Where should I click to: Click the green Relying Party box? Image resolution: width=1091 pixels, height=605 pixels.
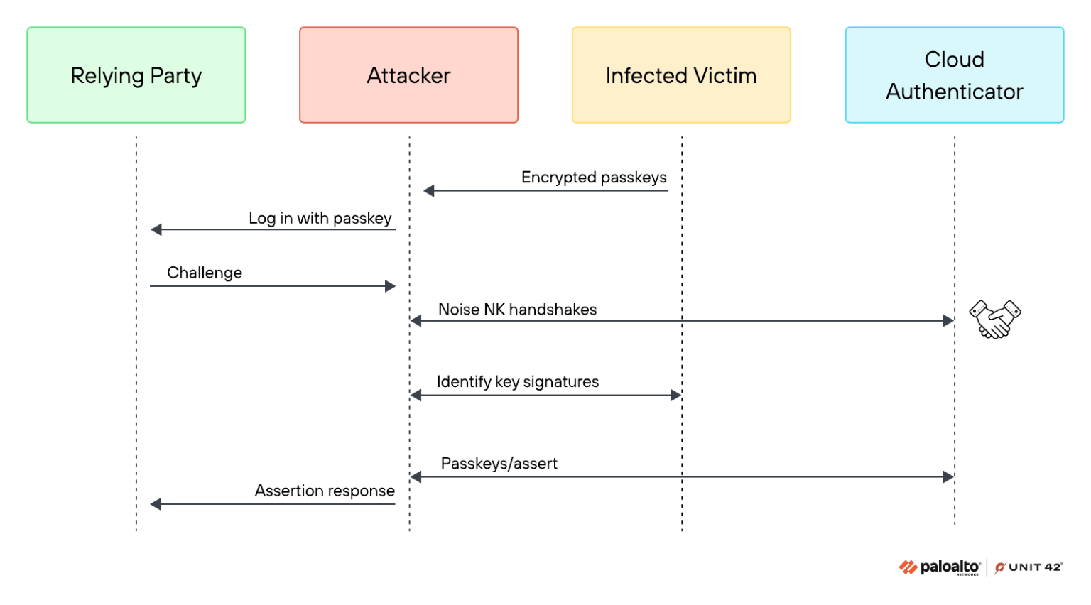tap(136, 75)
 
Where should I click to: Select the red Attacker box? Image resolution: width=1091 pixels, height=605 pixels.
tap(408, 75)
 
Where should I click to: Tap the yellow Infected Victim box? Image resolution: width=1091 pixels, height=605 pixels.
tap(681, 75)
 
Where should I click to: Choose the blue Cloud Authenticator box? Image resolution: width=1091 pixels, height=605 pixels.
tap(955, 75)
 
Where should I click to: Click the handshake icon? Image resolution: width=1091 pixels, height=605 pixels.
tap(995, 319)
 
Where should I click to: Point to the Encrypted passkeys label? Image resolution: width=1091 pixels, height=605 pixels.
tap(594, 178)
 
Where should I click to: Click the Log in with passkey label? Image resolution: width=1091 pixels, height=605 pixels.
tap(320, 218)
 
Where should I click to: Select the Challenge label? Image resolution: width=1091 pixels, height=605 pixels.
tap(205, 273)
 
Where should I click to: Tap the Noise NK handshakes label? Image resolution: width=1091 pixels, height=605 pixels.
tap(517, 310)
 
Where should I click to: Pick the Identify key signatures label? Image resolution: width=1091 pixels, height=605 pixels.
tap(518, 382)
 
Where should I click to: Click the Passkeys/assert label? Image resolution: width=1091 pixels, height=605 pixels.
tap(499, 463)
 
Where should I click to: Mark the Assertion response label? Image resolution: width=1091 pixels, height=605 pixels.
tap(325, 491)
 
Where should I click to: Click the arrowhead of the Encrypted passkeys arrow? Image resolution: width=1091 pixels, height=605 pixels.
tap(428, 191)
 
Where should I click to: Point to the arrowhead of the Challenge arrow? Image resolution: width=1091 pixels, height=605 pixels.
tap(390, 286)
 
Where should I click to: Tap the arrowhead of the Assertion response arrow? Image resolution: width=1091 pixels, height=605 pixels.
tap(156, 504)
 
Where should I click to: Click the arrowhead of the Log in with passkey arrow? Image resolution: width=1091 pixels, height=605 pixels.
tap(156, 229)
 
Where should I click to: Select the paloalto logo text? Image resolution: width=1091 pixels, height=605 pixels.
tap(950, 567)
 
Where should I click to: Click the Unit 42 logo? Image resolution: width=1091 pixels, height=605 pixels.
tap(1028, 567)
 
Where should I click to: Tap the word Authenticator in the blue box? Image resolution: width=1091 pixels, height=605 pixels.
tap(955, 92)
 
